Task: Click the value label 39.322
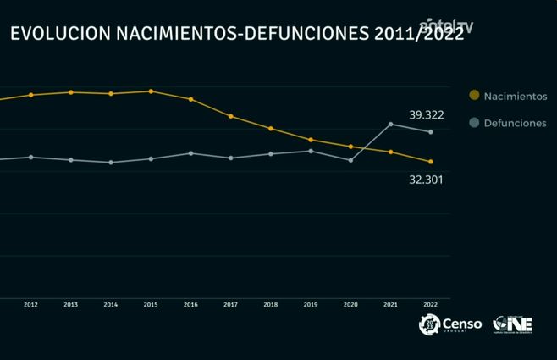point(427,114)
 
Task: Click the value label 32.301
point(427,180)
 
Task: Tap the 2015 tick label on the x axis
point(151,305)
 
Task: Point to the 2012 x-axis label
point(30,305)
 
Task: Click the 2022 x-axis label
point(430,305)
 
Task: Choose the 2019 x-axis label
point(311,305)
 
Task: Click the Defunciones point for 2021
point(390,125)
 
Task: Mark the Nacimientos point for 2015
point(151,91)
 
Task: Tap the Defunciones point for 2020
point(350,159)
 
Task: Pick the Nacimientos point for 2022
point(430,162)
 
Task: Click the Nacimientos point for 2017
point(230,116)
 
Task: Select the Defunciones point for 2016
point(190,153)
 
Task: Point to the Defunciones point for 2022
point(430,132)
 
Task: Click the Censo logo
point(450,324)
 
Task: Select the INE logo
point(513,324)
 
